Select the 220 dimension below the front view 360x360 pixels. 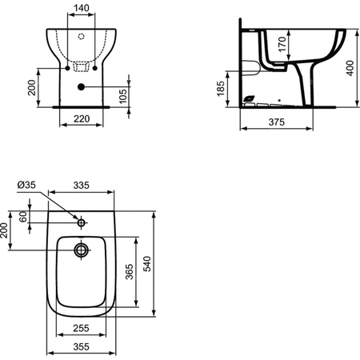[78, 118]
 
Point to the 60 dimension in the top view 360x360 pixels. [23, 216]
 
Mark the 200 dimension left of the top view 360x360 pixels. [6, 232]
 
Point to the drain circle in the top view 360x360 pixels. [81, 250]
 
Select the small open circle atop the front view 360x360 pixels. [82, 37]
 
